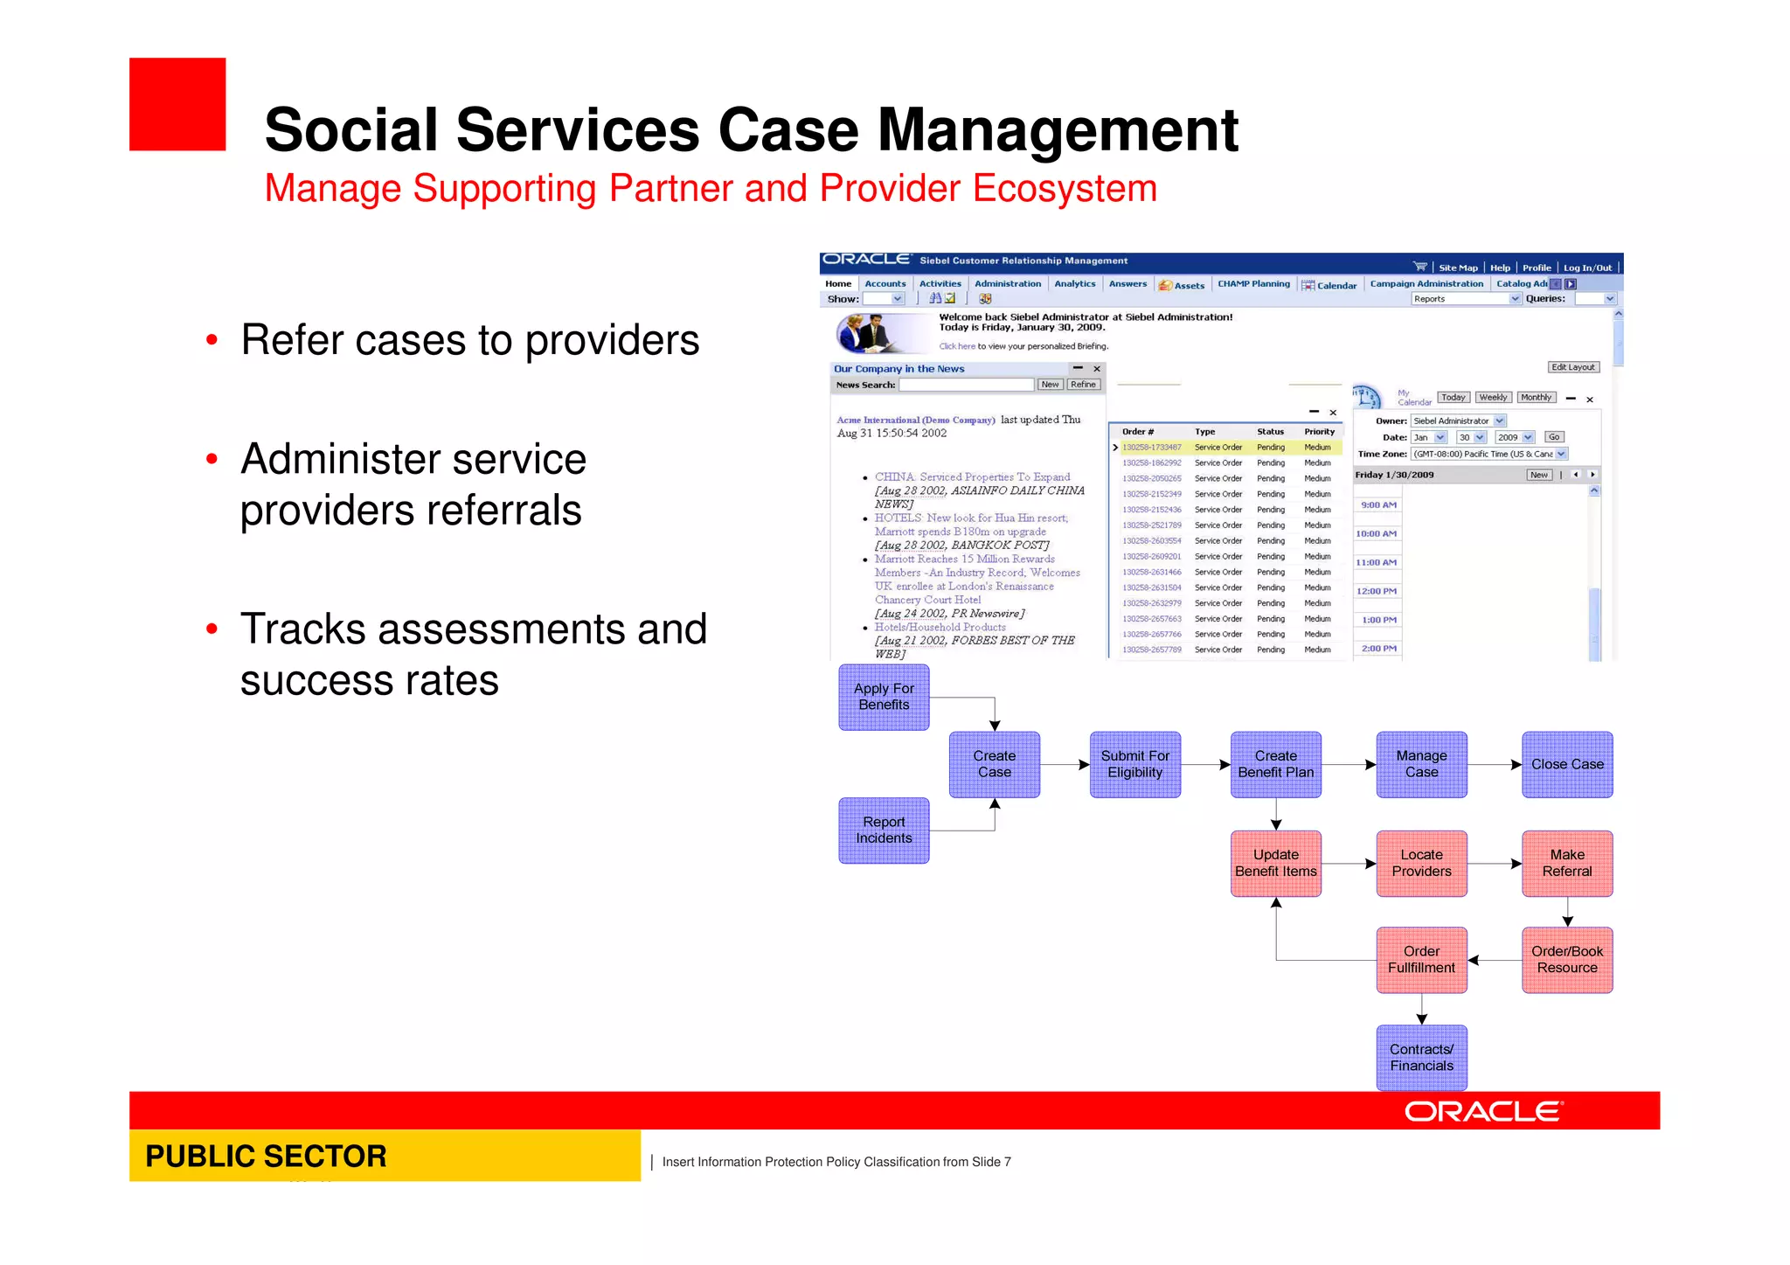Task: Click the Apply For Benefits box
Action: (884, 697)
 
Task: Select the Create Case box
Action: (994, 764)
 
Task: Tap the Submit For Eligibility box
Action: (1134, 764)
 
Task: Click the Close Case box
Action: (1566, 764)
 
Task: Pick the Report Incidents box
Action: (884, 830)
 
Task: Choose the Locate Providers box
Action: (1421, 863)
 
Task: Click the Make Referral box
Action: (1566, 863)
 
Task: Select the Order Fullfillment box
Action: (1421, 959)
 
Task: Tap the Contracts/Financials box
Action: (1421, 1057)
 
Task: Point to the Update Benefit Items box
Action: (1275, 863)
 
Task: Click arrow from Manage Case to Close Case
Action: (1495, 765)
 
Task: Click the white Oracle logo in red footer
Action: (1482, 1111)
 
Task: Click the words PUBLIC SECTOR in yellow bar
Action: (266, 1156)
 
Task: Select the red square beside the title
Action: (177, 104)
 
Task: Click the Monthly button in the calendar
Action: (1536, 398)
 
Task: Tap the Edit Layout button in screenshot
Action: (1572, 367)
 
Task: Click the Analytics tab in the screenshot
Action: (1074, 284)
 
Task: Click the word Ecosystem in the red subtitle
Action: (1064, 189)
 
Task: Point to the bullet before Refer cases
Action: (212, 341)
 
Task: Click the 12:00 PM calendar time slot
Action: (1377, 592)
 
